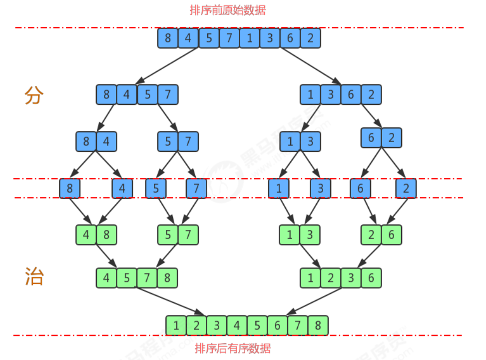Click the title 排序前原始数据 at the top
coord(227,10)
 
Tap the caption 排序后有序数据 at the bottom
coord(233,348)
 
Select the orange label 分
coord(34,95)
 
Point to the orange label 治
coord(34,276)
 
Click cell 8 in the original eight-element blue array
coord(168,38)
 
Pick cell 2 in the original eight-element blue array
coord(310,38)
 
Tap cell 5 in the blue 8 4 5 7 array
coord(147,94)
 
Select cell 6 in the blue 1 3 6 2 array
coord(351,94)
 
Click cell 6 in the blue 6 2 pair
coord(371,138)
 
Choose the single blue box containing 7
coord(196,188)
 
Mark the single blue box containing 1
coord(278,188)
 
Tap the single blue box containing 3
coord(320,188)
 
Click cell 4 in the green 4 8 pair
coord(86,234)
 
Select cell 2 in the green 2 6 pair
coord(371,234)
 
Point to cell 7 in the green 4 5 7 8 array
coord(147,277)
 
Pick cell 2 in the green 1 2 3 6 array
coord(331,277)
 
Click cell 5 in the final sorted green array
coord(257,325)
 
